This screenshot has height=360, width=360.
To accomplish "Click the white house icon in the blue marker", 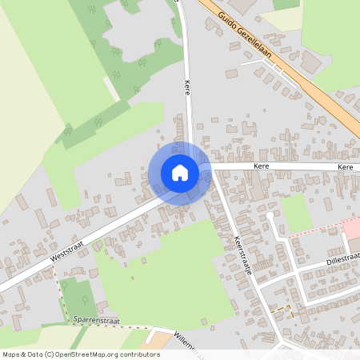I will click(x=180, y=173).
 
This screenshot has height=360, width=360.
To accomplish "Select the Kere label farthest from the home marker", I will click(x=346, y=166).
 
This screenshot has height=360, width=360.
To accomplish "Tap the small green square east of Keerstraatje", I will click(x=296, y=211).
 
